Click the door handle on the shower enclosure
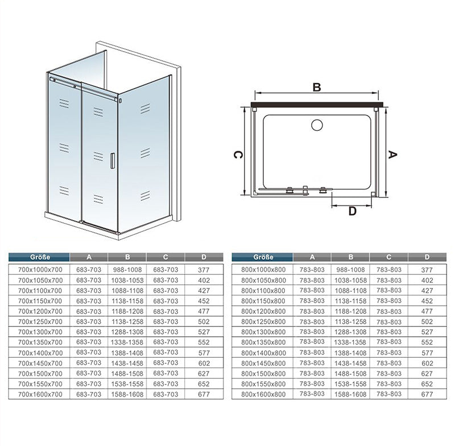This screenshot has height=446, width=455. (112, 160)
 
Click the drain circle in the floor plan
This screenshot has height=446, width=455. (317, 125)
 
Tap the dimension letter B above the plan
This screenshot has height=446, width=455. (317, 87)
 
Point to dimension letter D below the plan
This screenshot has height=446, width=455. (352, 211)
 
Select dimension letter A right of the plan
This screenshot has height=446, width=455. (392, 155)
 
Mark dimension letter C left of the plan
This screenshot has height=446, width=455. (238, 155)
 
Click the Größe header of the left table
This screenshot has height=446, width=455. (40, 257)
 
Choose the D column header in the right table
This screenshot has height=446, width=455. (427, 257)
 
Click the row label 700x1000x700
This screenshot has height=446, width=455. (40, 270)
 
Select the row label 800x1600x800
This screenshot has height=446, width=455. (263, 394)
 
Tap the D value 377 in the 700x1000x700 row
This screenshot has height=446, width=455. (204, 270)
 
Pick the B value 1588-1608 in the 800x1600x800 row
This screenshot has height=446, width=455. (350, 394)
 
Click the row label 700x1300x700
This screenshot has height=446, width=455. (40, 332)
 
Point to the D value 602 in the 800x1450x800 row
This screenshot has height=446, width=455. (427, 364)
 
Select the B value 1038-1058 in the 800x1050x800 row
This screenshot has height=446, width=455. (350, 280)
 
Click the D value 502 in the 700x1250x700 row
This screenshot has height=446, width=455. (204, 321)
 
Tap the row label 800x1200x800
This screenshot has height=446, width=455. (263, 311)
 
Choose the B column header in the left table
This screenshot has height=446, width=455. (127, 257)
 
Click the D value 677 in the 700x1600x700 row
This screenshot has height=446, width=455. (204, 394)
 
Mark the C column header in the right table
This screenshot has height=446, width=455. (388, 257)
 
